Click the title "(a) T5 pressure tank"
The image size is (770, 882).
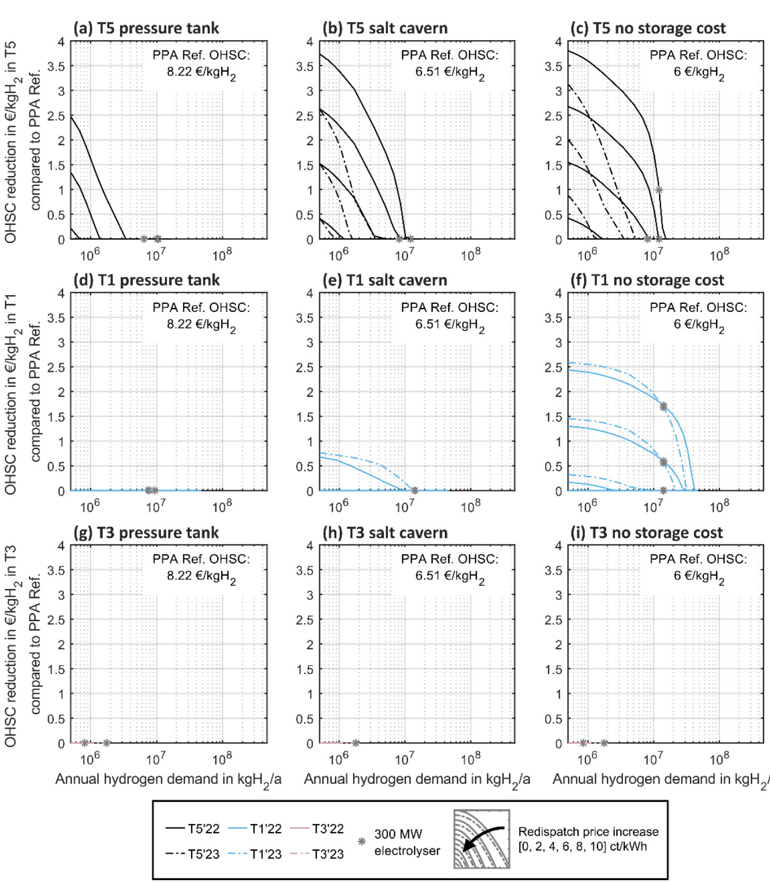tap(146, 28)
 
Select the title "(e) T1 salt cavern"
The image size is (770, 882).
tap(384, 280)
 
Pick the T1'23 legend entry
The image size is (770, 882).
tap(255, 854)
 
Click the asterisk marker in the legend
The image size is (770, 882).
tap(362, 841)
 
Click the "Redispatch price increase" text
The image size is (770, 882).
tap(588, 831)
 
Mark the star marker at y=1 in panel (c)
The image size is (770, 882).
tap(659, 190)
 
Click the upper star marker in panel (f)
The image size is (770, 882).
tap(663, 407)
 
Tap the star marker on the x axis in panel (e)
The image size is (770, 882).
tap(415, 491)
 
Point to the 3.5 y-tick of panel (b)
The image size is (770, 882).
tap(305, 66)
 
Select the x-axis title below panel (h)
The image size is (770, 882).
tap(417, 780)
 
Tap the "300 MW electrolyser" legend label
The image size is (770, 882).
tap(406, 842)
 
